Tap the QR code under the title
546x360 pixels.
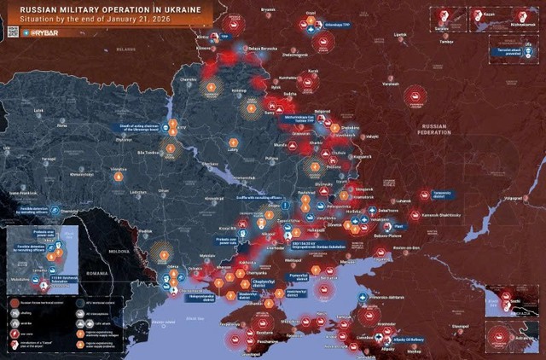pyautogui.click(x=12, y=32)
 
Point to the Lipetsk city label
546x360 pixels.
pyautogui.click(x=400, y=34)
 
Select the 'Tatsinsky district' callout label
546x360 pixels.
pyautogui.click(x=441, y=194)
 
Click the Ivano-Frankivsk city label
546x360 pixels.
pyautogui.click(x=25, y=193)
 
